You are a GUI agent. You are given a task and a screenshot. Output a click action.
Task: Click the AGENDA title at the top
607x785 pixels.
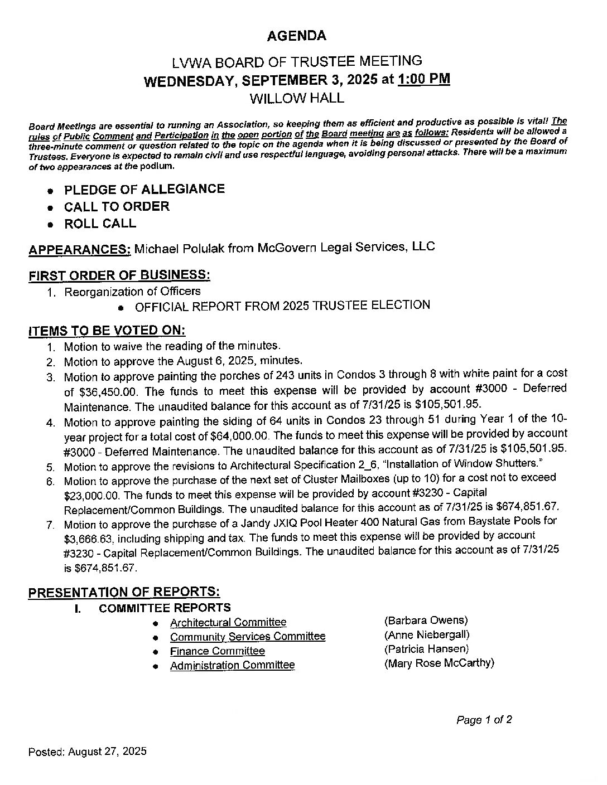296,36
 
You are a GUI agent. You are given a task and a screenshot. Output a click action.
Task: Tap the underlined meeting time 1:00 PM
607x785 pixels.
424,79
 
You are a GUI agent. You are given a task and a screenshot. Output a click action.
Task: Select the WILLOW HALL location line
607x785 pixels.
296,99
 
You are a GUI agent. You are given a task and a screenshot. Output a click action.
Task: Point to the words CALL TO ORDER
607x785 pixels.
117,207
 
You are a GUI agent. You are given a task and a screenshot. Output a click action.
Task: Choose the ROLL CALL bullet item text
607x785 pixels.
100,224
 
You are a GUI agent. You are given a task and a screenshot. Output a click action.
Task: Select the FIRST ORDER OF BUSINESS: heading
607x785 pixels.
119,275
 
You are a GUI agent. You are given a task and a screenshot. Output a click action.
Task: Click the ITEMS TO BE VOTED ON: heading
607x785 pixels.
107,330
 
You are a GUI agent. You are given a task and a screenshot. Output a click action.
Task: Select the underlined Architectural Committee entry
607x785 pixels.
228,622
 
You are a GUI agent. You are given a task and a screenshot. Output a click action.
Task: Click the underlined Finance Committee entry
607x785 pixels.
217,651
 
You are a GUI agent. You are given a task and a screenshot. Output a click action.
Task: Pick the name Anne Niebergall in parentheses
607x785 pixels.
427,634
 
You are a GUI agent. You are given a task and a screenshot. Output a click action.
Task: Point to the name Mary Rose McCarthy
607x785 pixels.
439,663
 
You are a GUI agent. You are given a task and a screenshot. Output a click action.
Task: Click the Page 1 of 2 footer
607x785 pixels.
484,720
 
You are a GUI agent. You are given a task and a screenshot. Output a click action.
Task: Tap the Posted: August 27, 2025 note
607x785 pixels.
88,752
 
